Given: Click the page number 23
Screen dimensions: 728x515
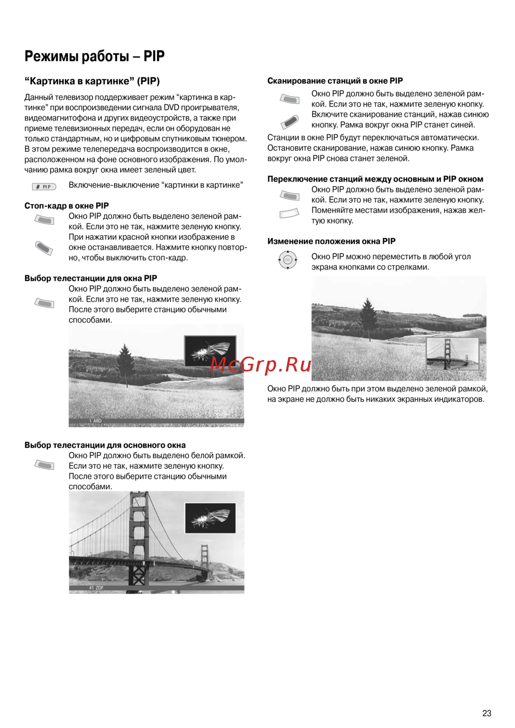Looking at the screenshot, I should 487,713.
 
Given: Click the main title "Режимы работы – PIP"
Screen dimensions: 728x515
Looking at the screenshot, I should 95,56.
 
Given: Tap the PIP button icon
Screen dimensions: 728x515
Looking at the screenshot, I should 44,187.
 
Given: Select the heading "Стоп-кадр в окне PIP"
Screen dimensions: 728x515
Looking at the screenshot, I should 66,206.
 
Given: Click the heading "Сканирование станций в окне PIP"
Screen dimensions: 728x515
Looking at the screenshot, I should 335,81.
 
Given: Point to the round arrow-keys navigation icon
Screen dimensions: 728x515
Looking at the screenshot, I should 287,260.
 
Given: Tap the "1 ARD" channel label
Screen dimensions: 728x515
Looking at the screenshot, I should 95,421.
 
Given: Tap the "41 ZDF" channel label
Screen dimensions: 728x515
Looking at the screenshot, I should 96,588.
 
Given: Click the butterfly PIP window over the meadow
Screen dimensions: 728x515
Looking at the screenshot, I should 210,351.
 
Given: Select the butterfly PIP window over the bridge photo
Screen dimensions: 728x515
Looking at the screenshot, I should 210,518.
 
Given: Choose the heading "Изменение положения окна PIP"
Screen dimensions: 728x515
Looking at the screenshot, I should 331,241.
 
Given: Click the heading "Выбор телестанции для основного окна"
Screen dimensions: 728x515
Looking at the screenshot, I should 105,445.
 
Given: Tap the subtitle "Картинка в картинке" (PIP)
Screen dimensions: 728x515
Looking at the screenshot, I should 92,81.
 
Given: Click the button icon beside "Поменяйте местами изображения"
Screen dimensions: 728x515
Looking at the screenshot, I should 289,213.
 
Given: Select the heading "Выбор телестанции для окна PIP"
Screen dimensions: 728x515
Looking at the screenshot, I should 91,278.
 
